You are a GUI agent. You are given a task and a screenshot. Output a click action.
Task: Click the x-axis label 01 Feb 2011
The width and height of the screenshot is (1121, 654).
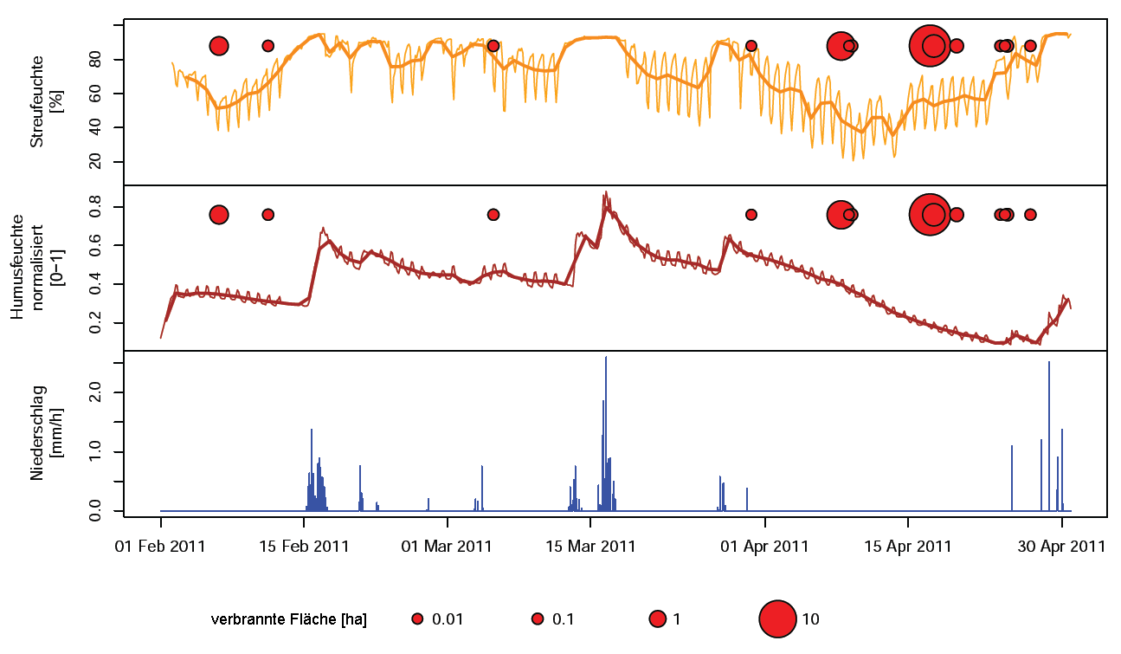(160, 547)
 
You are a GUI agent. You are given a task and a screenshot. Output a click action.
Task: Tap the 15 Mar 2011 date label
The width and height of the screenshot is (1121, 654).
(590, 547)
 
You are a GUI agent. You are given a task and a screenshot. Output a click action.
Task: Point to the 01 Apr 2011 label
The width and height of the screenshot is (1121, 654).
(765, 547)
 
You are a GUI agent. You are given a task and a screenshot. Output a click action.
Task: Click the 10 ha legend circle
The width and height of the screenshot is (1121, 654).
(777, 618)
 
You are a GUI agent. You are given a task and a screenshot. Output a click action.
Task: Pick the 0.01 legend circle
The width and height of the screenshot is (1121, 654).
(417, 618)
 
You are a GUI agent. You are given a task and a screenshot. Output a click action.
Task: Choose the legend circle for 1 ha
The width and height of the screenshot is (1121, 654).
(657, 618)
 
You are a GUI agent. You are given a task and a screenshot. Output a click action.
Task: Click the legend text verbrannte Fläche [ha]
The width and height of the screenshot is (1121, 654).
(289, 619)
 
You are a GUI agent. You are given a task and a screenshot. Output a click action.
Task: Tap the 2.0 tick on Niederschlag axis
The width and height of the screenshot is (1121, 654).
(104, 392)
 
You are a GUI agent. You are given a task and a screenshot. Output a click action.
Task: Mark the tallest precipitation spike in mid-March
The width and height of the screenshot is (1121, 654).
(606, 358)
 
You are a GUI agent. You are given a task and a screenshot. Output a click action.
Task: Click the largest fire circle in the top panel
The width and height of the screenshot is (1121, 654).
(930, 46)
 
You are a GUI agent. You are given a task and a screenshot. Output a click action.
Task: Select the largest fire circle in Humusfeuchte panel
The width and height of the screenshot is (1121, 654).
(930, 214)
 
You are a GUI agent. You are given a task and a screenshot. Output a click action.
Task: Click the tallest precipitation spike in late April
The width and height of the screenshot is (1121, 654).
(1049, 363)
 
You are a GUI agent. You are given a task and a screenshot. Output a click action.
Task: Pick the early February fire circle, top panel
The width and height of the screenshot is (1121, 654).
(219, 46)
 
